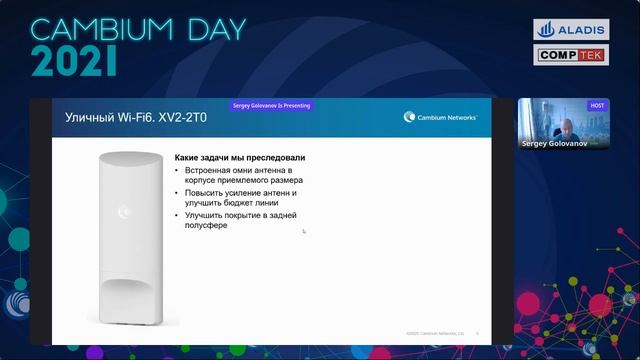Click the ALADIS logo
point(571,30)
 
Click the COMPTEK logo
point(571,55)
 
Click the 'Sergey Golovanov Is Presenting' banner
point(272,103)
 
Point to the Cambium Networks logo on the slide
point(441,117)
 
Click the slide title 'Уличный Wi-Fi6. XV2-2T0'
point(122,118)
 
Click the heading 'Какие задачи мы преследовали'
point(240,158)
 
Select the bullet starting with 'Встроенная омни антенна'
point(240,176)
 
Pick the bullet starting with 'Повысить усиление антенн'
point(240,197)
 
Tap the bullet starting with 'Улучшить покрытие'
point(240,220)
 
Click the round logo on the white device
point(125,210)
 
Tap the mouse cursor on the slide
point(304,231)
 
